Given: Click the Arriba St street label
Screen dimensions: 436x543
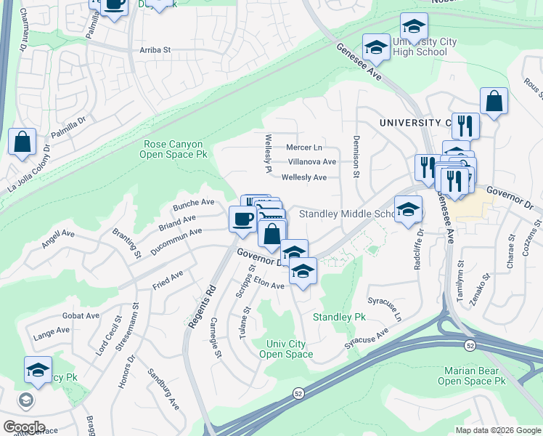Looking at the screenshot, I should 154,50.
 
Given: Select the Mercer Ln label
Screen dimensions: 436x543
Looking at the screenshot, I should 303,148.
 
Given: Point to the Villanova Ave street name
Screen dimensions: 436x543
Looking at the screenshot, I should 311,162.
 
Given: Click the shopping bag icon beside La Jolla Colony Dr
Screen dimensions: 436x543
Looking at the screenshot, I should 23,141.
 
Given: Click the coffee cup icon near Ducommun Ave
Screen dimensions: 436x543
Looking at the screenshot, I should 242,217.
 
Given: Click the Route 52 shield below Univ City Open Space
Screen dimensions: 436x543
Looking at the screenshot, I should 298,393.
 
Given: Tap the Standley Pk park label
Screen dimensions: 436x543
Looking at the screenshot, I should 339,318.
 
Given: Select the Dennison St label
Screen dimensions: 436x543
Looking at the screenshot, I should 356,156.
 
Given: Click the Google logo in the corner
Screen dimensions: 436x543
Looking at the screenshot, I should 23,427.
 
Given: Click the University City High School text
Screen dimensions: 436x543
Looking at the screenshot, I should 425,47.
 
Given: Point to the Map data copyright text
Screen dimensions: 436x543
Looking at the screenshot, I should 498,429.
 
